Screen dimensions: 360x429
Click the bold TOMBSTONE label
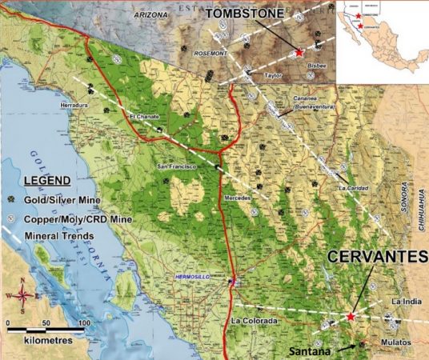tap(243, 14)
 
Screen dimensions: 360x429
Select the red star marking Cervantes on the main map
tap(351, 317)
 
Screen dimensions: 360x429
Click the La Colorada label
tap(254, 322)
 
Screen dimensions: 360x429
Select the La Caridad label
tap(353, 189)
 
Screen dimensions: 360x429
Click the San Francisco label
tap(175, 166)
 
